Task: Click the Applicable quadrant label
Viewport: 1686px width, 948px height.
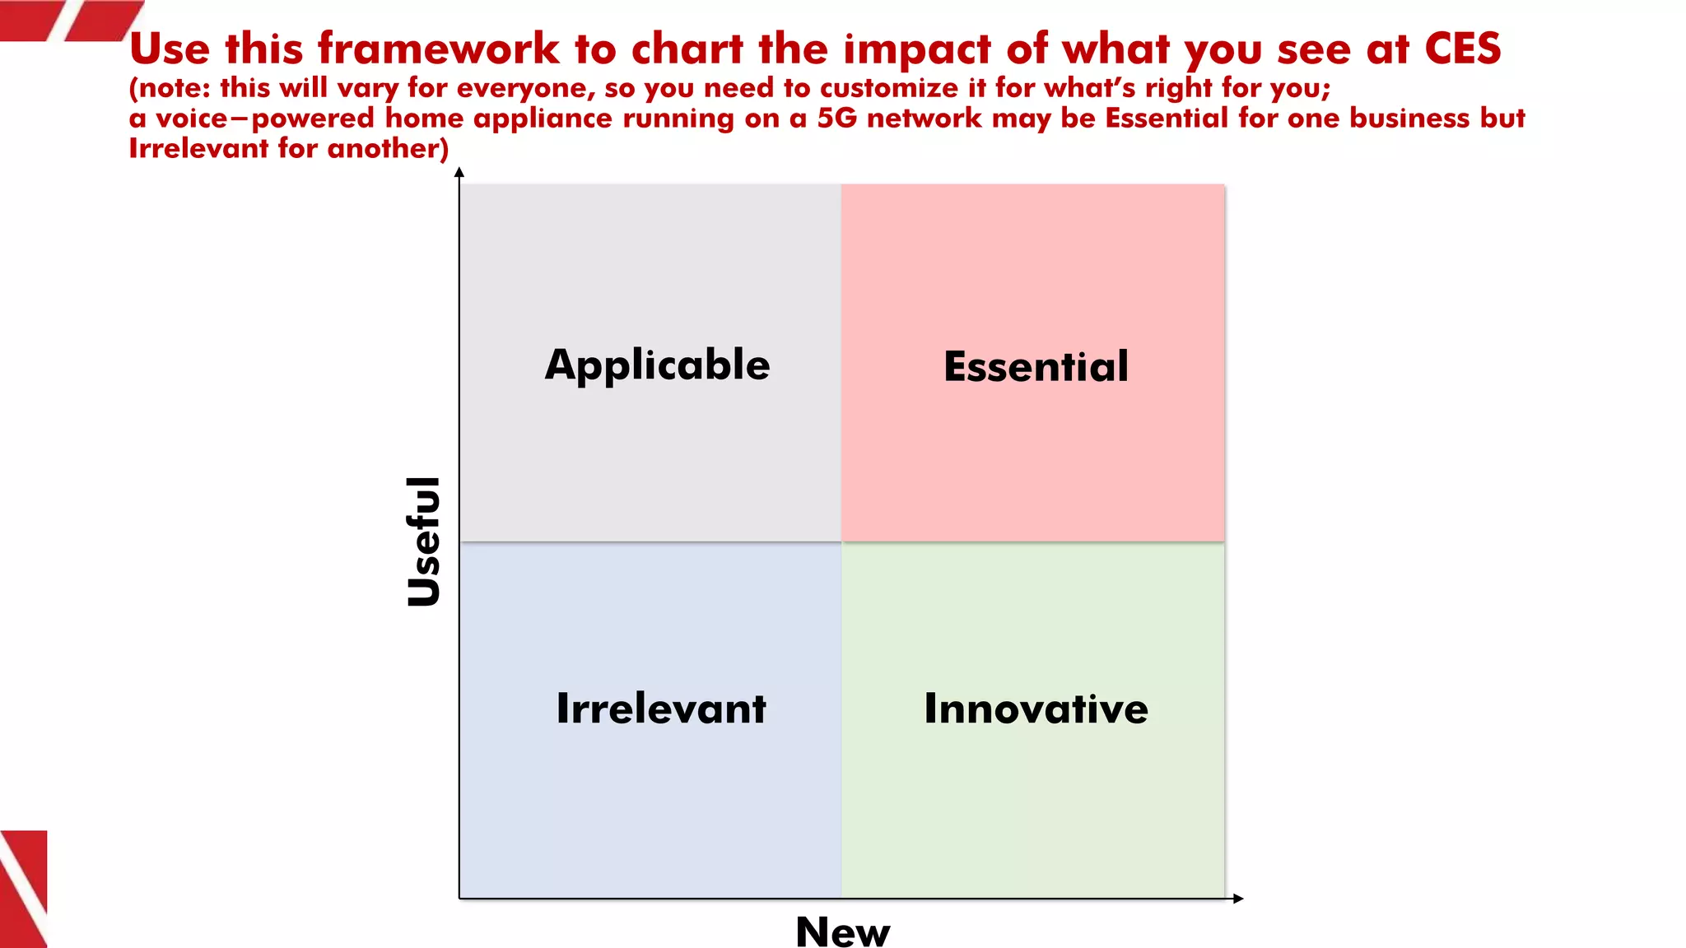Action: (x=657, y=365)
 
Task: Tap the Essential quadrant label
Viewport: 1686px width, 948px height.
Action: (x=1036, y=367)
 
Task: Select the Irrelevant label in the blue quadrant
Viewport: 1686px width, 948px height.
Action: (x=661, y=709)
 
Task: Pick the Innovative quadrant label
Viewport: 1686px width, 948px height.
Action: (x=1036, y=709)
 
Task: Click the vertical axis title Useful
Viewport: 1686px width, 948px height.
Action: (x=425, y=541)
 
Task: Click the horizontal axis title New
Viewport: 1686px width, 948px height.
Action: (x=842, y=932)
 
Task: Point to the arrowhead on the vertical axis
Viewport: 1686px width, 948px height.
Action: (x=459, y=172)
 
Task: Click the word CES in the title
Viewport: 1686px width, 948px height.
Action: (x=1462, y=49)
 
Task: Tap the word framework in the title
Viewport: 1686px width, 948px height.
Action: (x=438, y=49)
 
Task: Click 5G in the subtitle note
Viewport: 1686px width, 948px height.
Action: (x=836, y=118)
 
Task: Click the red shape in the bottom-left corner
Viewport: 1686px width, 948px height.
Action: (x=23, y=889)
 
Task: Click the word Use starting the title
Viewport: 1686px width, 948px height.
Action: (x=170, y=49)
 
